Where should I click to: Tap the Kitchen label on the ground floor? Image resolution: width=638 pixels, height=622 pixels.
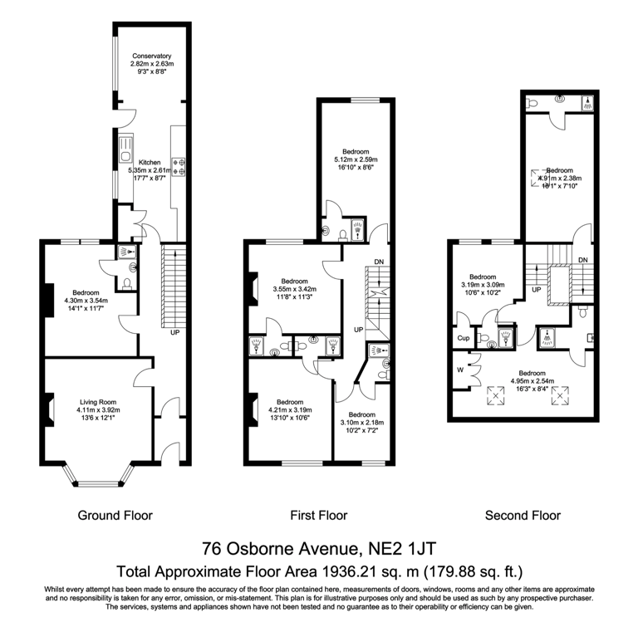click(150, 162)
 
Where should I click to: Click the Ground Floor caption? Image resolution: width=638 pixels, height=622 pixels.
click(115, 516)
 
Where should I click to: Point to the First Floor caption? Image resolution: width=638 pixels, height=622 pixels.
click(319, 516)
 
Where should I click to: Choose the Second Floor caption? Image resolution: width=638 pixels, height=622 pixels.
click(523, 516)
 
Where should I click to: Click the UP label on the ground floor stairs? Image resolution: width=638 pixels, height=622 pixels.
click(174, 333)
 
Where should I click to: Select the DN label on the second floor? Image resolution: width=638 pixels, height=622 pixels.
click(583, 260)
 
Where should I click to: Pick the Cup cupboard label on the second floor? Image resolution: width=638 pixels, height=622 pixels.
click(463, 338)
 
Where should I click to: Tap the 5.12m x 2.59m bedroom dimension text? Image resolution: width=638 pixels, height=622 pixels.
click(356, 160)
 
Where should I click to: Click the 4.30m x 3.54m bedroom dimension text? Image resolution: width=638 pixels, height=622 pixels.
click(86, 301)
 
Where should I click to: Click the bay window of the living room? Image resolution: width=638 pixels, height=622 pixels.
click(97, 482)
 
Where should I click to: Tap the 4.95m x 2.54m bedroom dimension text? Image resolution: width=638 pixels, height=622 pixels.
click(532, 382)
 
